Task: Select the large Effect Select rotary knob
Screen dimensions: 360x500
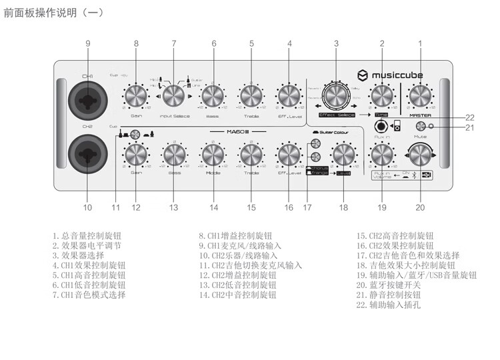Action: [336, 97]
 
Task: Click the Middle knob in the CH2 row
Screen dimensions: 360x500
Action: [213, 155]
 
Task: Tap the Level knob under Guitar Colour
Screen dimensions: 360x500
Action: [344, 155]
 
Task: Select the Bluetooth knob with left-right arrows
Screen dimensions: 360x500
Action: [420, 155]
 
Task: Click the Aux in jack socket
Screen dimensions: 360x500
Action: [382, 127]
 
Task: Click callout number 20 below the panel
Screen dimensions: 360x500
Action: [420, 207]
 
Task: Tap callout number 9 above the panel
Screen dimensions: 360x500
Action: [87, 44]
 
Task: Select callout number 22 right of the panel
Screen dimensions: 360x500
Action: [469, 117]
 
